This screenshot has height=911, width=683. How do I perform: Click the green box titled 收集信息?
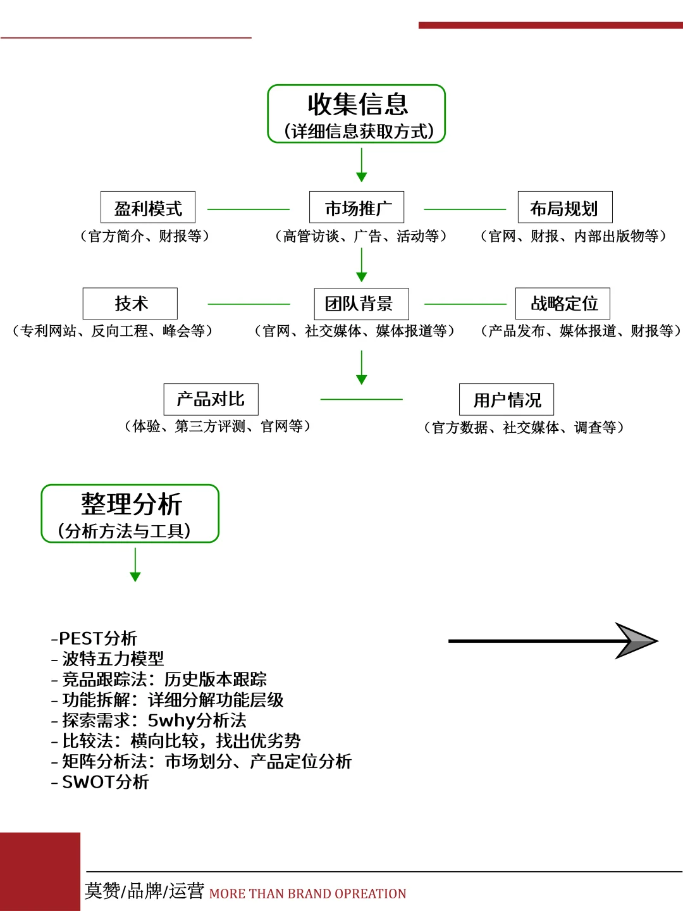coord(357,114)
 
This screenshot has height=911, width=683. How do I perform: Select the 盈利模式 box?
coord(148,208)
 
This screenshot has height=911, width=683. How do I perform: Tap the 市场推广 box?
coord(357,208)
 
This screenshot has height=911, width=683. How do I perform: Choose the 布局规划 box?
coord(565,208)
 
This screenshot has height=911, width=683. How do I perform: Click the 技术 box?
coord(130,304)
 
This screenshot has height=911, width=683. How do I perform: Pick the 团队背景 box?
coord(361,304)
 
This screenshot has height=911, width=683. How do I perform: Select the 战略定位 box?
coord(563,304)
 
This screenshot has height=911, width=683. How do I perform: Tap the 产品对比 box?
coord(211,399)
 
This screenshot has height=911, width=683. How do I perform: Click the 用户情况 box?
coord(507,400)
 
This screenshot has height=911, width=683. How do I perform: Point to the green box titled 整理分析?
coord(130,514)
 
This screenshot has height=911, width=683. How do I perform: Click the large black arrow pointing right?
coord(553,641)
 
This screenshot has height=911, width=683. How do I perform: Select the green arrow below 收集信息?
coord(362,166)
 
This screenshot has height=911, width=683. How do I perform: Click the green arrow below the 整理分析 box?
coord(135,565)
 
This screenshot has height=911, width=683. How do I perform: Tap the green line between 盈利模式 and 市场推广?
coord(249,209)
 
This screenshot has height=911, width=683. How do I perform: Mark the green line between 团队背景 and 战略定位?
coord(465,304)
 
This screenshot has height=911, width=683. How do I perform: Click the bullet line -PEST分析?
coord(94,638)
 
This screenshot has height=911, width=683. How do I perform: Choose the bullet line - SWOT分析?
coord(101,782)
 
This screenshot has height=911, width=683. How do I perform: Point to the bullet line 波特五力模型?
coord(108,659)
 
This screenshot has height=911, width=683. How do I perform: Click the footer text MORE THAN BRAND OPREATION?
coord(308,894)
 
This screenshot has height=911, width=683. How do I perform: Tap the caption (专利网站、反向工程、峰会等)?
coord(113,331)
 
